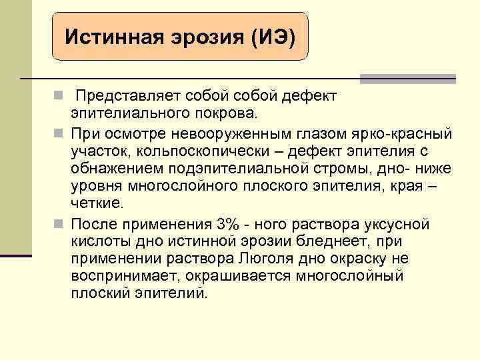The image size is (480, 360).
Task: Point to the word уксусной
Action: coord(400,224)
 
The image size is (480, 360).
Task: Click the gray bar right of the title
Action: coord(407,79)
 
